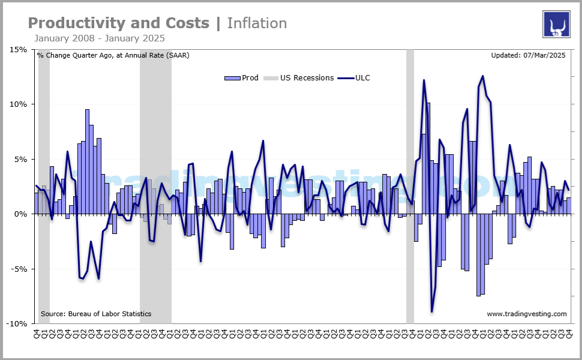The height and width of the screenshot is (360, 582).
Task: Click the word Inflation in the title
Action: (x=257, y=23)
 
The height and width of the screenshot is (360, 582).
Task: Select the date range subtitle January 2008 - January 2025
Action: (x=100, y=38)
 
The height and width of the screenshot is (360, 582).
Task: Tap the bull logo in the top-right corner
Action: (x=556, y=25)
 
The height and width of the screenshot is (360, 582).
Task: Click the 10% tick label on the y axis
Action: (x=19, y=104)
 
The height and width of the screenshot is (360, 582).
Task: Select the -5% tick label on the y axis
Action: (x=19, y=269)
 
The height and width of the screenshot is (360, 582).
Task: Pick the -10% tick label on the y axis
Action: (x=18, y=323)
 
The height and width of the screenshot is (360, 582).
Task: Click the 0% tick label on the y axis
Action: (x=21, y=214)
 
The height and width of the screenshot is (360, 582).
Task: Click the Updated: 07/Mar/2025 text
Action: (x=528, y=56)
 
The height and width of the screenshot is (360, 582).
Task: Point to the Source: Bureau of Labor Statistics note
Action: (x=96, y=314)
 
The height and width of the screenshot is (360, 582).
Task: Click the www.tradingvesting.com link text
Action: (x=526, y=314)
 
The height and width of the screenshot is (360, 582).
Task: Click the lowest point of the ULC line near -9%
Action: (x=431, y=311)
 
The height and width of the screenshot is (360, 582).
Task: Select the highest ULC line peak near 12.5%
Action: (x=482, y=76)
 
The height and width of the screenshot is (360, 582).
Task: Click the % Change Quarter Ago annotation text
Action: (x=113, y=56)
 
